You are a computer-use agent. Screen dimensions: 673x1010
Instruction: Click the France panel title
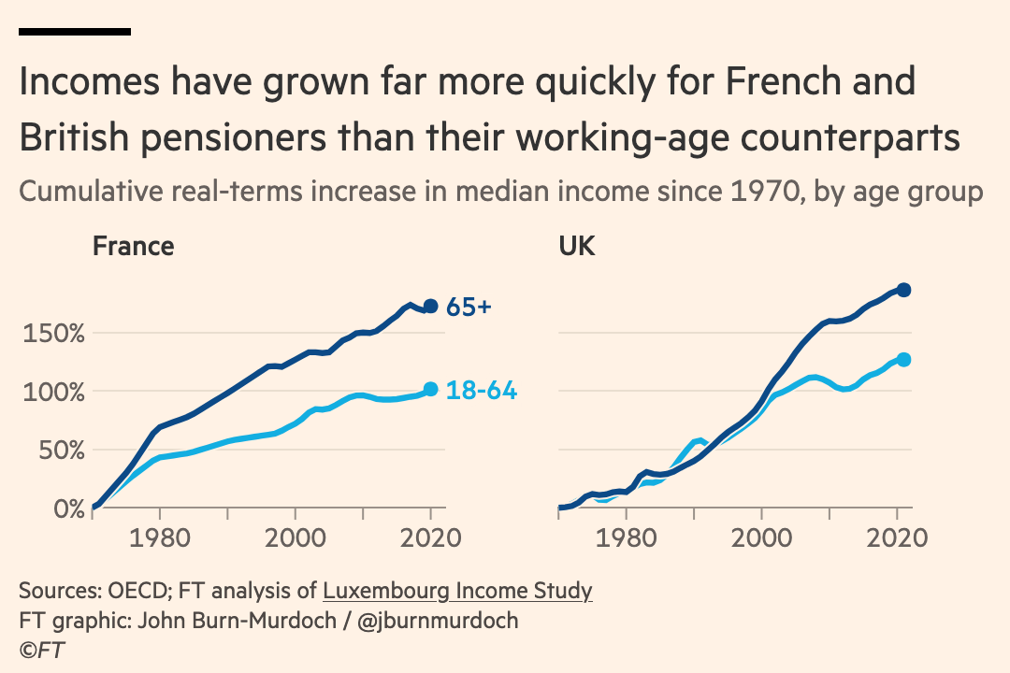pyautogui.click(x=133, y=246)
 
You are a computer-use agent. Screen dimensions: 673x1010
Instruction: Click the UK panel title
pyautogui.click(x=577, y=246)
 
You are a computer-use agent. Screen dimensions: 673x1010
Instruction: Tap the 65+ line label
pyautogui.click(x=469, y=307)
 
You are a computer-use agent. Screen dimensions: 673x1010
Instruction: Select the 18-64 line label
pyautogui.click(x=482, y=391)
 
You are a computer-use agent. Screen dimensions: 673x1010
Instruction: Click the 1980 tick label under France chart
pyautogui.click(x=160, y=538)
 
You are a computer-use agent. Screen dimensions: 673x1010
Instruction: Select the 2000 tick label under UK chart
pyautogui.click(x=762, y=538)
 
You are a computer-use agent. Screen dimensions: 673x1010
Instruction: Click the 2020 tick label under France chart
pyautogui.click(x=430, y=538)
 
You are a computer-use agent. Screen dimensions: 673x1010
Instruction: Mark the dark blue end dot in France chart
pyautogui.click(x=430, y=306)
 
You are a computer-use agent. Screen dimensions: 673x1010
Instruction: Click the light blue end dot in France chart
pyautogui.click(x=430, y=389)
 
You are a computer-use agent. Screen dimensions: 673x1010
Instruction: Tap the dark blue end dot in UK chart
pyautogui.click(x=903, y=290)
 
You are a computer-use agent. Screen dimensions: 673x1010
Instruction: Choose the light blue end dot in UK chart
pyautogui.click(x=903, y=359)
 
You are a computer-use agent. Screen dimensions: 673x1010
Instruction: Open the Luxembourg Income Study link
pyautogui.click(x=457, y=591)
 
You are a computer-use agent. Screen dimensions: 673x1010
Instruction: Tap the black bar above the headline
pyautogui.click(x=74, y=32)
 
